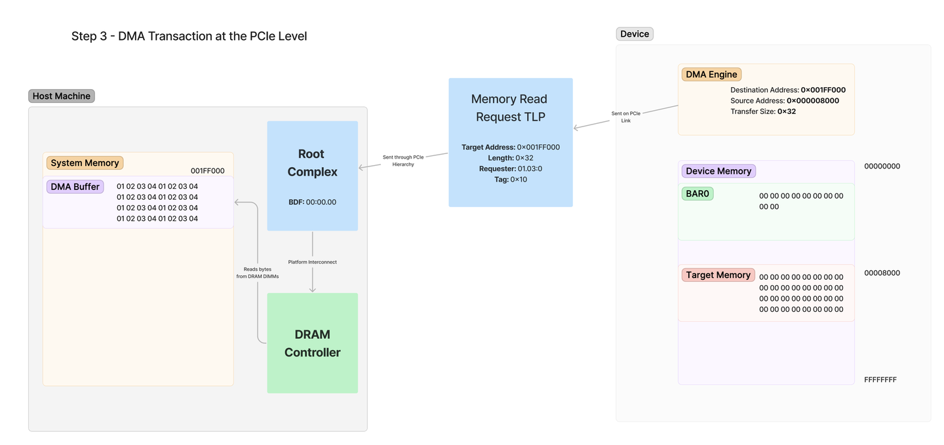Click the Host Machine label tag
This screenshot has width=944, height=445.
(62, 96)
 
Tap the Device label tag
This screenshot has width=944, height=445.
(635, 34)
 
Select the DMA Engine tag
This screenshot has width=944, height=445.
(711, 75)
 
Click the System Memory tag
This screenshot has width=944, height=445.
(85, 163)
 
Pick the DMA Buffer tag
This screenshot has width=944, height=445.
(75, 187)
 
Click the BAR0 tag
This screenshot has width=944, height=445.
(698, 194)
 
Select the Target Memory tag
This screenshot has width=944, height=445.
(718, 275)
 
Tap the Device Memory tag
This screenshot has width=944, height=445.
(718, 171)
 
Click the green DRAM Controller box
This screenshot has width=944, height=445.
(312, 343)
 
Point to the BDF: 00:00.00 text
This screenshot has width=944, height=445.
(312, 203)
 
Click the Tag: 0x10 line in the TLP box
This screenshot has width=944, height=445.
(510, 180)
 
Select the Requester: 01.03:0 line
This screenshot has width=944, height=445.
(510, 168)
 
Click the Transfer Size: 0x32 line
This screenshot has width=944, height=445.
(763, 111)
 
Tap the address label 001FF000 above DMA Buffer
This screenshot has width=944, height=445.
(207, 170)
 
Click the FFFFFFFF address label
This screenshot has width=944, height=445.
(880, 379)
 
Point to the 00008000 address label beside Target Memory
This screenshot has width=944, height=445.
(882, 273)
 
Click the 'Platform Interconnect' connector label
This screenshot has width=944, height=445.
(312, 262)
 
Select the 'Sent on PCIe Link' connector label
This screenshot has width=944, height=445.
(626, 117)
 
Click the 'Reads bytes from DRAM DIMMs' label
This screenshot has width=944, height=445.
(258, 273)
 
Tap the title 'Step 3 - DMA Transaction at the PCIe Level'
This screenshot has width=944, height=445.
(189, 36)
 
